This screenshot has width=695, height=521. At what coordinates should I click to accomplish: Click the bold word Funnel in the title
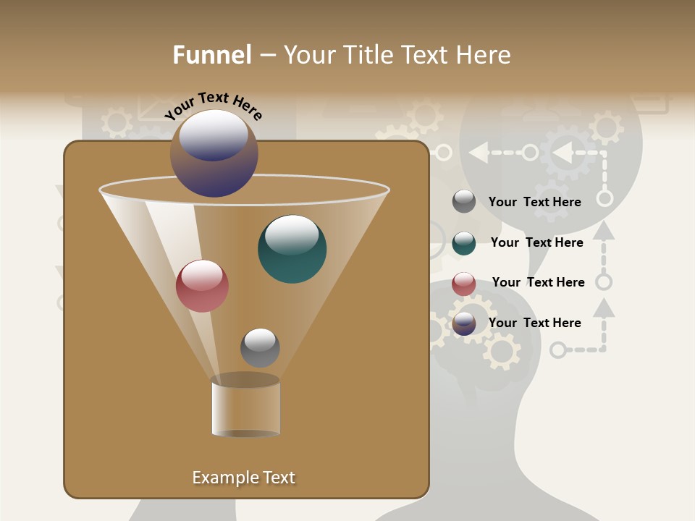pyautogui.click(x=211, y=55)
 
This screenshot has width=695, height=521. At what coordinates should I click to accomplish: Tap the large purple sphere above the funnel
pyautogui.click(x=214, y=153)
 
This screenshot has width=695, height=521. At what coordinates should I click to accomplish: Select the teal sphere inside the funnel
pyautogui.click(x=292, y=249)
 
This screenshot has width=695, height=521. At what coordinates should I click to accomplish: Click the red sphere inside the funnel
pyautogui.click(x=203, y=286)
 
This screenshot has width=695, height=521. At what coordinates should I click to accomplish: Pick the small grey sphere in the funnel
pyautogui.click(x=260, y=348)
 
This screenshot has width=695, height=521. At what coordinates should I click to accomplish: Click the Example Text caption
pyautogui.click(x=243, y=478)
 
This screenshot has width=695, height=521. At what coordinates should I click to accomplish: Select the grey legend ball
pyautogui.click(x=464, y=202)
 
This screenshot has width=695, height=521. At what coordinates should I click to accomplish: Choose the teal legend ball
pyautogui.click(x=464, y=243)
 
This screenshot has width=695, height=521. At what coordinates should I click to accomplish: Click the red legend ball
pyautogui.click(x=464, y=284)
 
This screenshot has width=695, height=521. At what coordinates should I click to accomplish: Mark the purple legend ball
pyautogui.click(x=464, y=323)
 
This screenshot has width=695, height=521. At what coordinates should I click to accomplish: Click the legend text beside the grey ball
pyautogui.click(x=534, y=202)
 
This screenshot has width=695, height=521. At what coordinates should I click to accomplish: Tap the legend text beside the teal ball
pyautogui.click(x=536, y=242)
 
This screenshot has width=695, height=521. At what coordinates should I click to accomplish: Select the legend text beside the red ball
pyautogui.click(x=538, y=282)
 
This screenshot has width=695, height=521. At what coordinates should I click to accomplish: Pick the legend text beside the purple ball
pyautogui.click(x=534, y=323)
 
